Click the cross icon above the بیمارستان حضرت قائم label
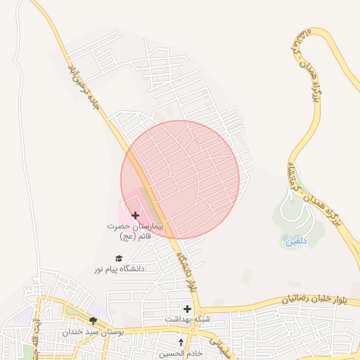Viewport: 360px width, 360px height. (136, 214)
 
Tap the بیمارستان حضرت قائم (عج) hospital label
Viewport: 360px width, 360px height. (136, 231)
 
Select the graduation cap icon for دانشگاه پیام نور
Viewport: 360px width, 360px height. (119, 258)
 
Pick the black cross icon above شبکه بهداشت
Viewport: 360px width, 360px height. (187, 309)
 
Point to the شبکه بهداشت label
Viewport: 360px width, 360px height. (187, 319)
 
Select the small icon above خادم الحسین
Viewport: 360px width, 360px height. (181, 342)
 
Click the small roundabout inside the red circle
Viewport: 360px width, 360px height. (172, 174)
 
